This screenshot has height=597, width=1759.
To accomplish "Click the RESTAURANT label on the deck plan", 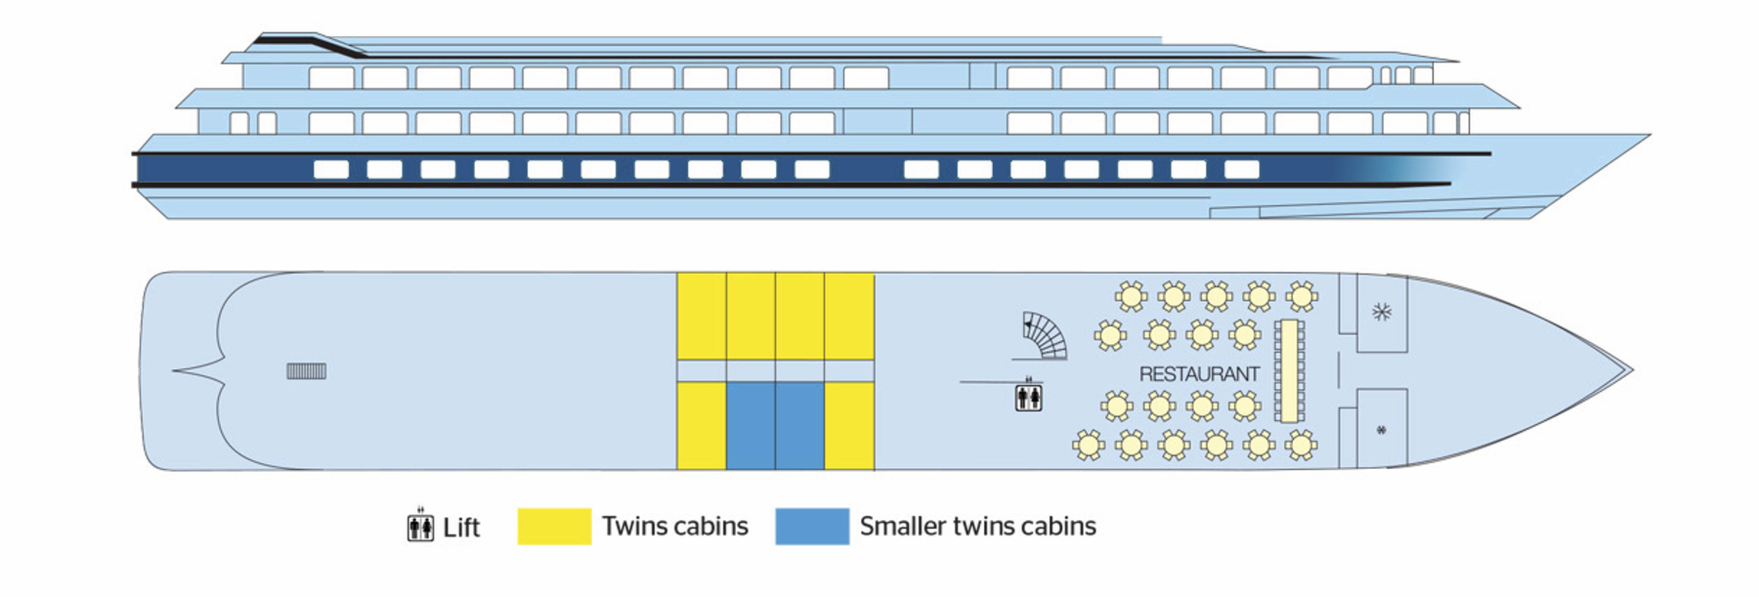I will (1199, 374).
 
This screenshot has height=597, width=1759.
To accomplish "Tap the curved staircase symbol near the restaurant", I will (1044, 336).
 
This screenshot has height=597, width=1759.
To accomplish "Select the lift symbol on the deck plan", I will (1028, 397).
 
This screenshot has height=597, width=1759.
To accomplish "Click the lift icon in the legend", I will (420, 527).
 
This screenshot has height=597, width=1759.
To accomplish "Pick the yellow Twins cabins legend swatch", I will (554, 527).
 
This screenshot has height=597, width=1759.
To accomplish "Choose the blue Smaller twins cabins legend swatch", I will (812, 527).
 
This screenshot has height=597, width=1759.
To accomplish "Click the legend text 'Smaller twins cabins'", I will (977, 527).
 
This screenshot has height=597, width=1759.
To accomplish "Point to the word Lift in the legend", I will (461, 528).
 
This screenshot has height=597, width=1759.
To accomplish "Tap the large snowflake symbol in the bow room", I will (1381, 313).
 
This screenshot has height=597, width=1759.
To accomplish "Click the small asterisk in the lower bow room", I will (1381, 430).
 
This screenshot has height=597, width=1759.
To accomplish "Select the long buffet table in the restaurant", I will (1290, 371).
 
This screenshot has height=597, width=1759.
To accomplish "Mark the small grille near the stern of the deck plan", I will (306, 371).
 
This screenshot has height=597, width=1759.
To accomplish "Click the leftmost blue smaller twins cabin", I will (751, 426).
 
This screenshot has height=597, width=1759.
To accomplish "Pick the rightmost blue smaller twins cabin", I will (799, 426).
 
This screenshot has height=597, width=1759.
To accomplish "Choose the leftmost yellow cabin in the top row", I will (702, 317).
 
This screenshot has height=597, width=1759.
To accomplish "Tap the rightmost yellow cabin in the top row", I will (849, 317).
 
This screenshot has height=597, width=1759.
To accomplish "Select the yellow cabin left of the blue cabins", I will (702, 426).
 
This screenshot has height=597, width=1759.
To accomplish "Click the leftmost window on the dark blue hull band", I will (331, 170).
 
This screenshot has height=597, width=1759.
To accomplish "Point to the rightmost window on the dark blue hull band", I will (1241, 170).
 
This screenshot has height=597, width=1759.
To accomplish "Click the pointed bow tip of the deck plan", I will (1630, 371).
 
